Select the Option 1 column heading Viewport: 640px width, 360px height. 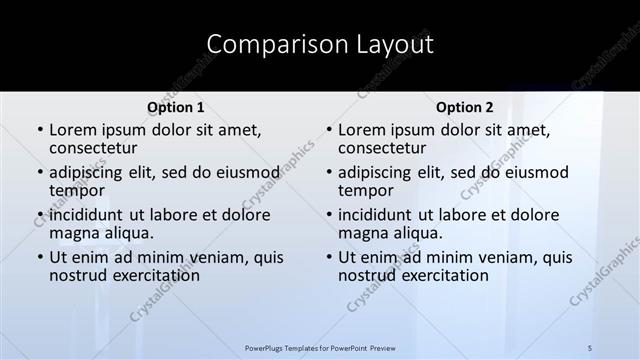[x=176, y=107]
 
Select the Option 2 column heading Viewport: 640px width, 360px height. [x=465, y=107]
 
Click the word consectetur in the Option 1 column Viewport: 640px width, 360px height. [x=96, y=148]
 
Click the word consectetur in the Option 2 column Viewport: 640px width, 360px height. [x=384, y=148]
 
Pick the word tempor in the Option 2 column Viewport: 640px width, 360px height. [x=364, y=190]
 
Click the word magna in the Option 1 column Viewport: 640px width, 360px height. [x=73, y=233]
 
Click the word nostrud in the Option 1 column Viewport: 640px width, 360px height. [x=77, y=275]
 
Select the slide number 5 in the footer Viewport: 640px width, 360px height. [x=590, y=347]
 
